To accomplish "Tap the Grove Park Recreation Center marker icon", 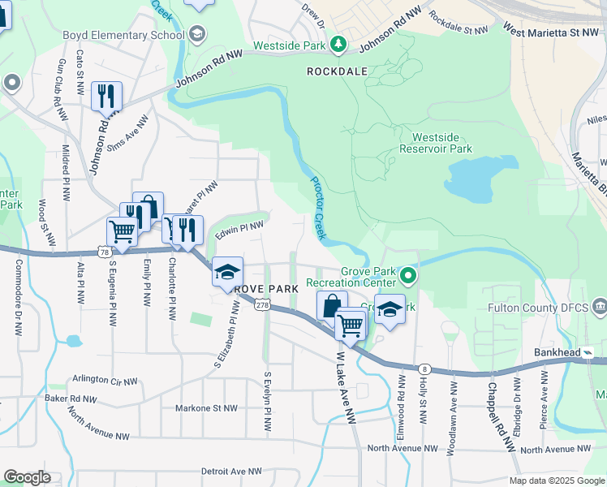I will pyautogui.click(x=409, y=278).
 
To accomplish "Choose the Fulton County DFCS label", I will pyautogui.click(x=538, y=308).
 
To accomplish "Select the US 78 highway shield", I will pyautogui.click(x=105, y=252).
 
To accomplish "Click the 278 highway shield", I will pyautogui.click(x=261, y=304).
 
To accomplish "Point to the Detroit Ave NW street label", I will pyautogui.click(x=231, y=471).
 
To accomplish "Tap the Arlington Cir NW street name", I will pyautogui.click(x=107, y=378).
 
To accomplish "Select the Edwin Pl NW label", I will pyautogui.click(x=239, y=230).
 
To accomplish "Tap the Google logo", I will pyautogui.click(x=28, y=476).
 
